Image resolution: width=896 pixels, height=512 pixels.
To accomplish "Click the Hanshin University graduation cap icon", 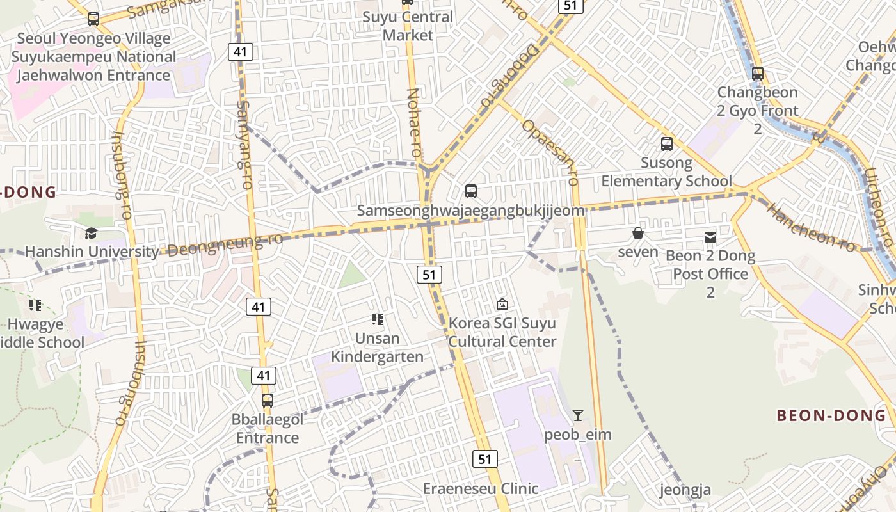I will click(x=92, y=233).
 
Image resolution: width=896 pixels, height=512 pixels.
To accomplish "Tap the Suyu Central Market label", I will click(x=408, y=26).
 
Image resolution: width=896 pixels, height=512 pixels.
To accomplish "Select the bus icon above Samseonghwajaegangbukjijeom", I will click(x=471, y=191).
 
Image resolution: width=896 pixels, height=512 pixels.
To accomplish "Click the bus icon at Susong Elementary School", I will click(x=667, y=143).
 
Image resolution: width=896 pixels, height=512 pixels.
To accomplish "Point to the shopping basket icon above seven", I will click(x=638, y=233).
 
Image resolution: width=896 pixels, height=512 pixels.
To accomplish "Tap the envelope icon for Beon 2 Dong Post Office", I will click(x=710, y=237).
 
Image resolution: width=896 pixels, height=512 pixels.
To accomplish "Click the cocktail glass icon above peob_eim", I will click(x=578, y=415).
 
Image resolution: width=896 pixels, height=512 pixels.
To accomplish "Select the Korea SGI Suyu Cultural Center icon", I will click(x=502, y=304).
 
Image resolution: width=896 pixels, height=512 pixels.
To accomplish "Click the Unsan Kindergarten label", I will click(x=378, y=348).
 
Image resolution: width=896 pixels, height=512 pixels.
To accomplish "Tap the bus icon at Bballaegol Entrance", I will click(x=268, y=401).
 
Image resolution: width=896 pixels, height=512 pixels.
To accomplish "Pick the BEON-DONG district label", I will click(x=831, y=415).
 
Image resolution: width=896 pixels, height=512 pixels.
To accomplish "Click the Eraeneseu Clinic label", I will click(x=481, y=489).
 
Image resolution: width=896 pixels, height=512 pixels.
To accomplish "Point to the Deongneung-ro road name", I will click(x=225, y=245).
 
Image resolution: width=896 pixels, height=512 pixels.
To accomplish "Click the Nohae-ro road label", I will click(x=415, y=124).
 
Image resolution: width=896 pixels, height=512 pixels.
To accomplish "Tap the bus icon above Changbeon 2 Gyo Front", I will click(x=758, y=74).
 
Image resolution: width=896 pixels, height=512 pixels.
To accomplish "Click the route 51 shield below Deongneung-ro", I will click(x=429, y=275).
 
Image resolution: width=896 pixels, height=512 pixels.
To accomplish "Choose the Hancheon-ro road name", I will click(x=810, y=227).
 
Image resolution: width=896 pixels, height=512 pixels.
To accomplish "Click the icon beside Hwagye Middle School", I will click(x=35, y=305).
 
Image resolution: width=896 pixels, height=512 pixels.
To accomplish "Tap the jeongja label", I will click(x=685, y=491).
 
